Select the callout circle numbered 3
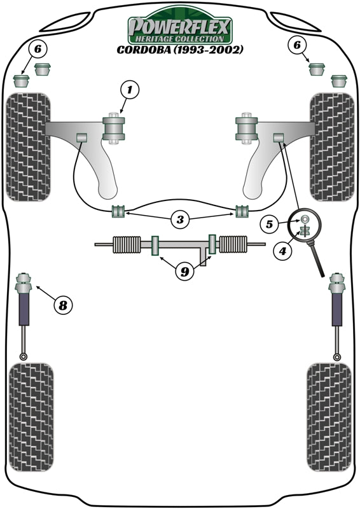[x=181, y=221]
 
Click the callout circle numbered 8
[x=62, y=306]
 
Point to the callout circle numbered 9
[x=184, y=272]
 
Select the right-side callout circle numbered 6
[x=296, y=45]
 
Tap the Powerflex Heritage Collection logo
[x=181, y=26]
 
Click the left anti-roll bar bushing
[x=117, y=211]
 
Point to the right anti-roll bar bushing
[x=242, y=211]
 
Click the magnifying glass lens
[x=306, y=227]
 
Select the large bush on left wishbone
[x=115, y=128]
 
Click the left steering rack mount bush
[x=154, y=246]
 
